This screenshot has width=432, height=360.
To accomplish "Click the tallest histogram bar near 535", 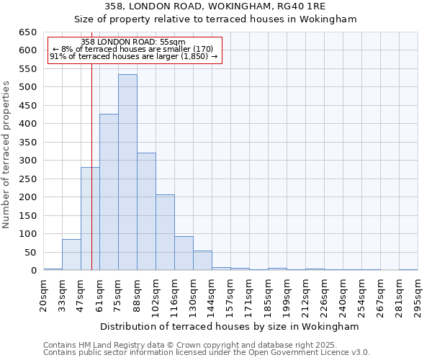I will [x=127, y=173].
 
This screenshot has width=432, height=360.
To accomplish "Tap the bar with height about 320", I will [x=146, y=212].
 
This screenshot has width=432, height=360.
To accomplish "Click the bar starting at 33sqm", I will [x=71, y=255].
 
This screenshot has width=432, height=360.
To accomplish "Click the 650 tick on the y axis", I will [x=27, y=32].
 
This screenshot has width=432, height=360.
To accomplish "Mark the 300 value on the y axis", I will [x=27, y=161].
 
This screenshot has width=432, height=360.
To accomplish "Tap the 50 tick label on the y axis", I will [x=30, y=252].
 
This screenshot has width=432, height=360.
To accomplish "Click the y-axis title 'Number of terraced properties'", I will [x=7, y=155].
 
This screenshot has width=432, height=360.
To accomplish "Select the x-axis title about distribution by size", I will [x=230, y=327].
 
